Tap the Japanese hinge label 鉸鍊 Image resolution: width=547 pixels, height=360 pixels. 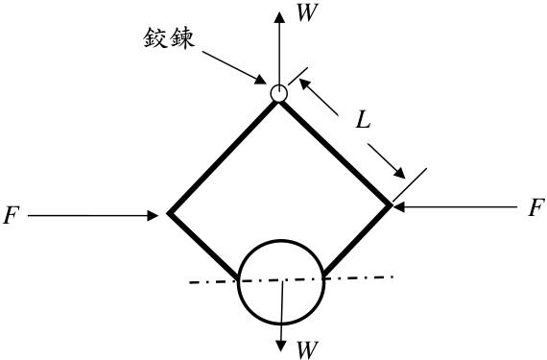(169, 37)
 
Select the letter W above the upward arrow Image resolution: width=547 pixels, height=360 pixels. (307, 14)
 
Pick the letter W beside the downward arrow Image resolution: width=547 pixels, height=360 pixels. (307, 349)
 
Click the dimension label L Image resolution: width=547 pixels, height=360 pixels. (363, 121)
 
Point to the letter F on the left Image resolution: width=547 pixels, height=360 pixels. (12, 215)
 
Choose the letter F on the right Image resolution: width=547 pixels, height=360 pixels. (536, 208)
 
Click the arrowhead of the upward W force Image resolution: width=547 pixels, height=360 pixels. (279, 17)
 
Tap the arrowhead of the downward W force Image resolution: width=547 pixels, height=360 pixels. (281, 345)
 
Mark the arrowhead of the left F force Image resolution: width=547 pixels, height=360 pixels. (154, 216)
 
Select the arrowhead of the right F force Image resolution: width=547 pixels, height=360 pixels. (399, 206)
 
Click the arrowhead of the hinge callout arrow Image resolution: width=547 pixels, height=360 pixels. (261, 80)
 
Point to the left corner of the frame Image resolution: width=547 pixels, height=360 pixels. (168, 213)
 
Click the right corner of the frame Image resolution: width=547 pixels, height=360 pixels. (390, 206)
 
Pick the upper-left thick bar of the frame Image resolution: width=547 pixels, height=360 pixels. (224, 157)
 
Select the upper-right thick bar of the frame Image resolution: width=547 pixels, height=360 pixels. (335, 154)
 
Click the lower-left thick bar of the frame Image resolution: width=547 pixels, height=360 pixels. (203, 246)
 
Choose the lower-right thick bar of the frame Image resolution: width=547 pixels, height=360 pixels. (357, 241)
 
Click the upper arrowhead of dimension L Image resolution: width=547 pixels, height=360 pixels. (303, 84)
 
